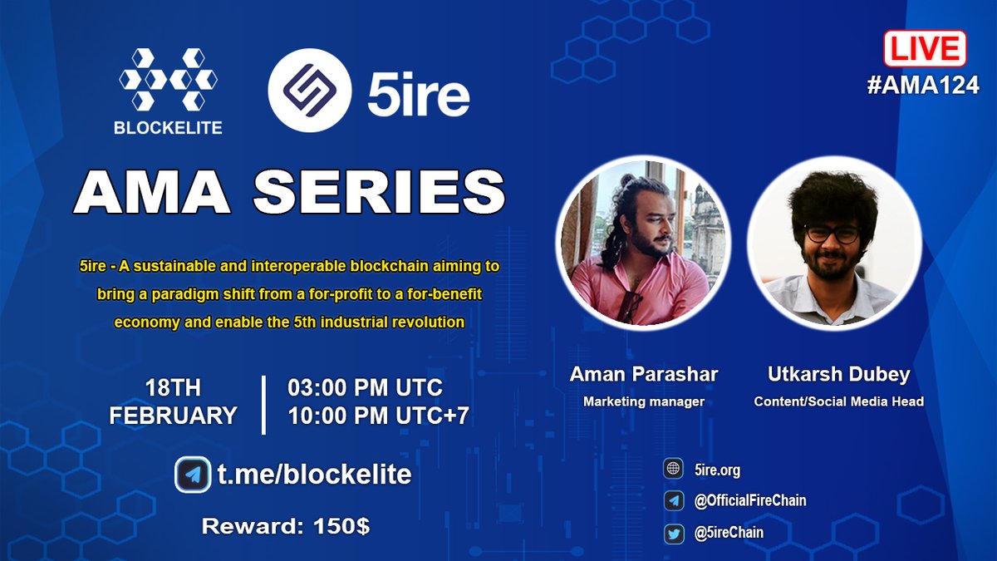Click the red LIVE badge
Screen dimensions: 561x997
pyautogui.click(x=924, y=49)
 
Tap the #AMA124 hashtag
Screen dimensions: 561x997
pyautogui.click(x=923, y=85)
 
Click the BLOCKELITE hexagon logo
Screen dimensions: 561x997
pyautogui.click(x=169, y=80)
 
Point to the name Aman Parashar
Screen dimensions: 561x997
pyautogui.click(x=643, y=375)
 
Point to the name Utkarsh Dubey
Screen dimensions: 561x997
pyautogui.click(x=838, y=375)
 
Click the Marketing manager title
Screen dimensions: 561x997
pyautogui.click(x=643, y=402)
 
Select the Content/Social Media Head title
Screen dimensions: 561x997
pyautogui.click(x=838, y=402)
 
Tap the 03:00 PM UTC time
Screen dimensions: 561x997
pyautogui.click(x=366, y=388)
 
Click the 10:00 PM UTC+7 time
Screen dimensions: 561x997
pyautogui.click(x=379, y=415)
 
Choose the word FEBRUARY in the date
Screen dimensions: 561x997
pyautogui.click(x=173, y=415)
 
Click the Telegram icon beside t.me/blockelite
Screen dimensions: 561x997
pyautogui.click(x=193, y=475)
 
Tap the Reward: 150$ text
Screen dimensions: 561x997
pyautogui.click(x=287, y=525)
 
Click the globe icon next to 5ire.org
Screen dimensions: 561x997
pyautogui.click(x=673, y=470)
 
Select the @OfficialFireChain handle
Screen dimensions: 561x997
pyautogui.click(x=750, y=500)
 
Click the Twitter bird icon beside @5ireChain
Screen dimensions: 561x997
pyautogui.click(x=673, y=533)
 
